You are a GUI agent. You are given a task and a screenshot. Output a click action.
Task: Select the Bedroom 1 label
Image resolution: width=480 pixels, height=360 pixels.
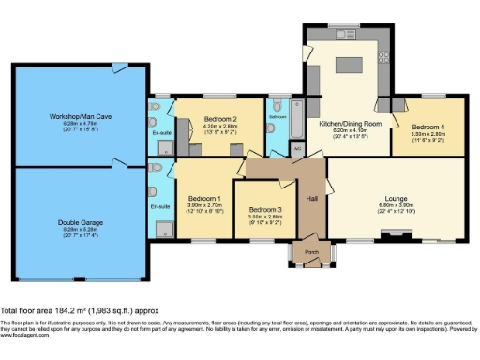tap(204, 198)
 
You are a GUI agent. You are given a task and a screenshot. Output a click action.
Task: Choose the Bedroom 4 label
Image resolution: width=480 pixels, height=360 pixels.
tap(428, 127)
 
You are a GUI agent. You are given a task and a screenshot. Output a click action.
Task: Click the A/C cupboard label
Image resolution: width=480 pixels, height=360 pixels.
tap(297, 148)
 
